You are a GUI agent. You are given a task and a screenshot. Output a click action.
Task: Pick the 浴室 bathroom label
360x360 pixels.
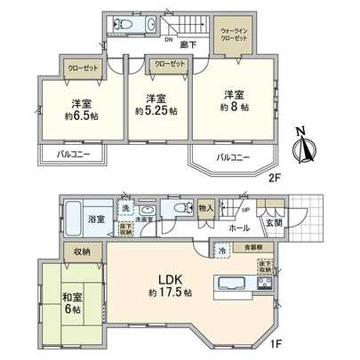[94, 218]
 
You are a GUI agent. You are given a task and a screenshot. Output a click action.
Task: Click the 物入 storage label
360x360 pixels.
[206, 207]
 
